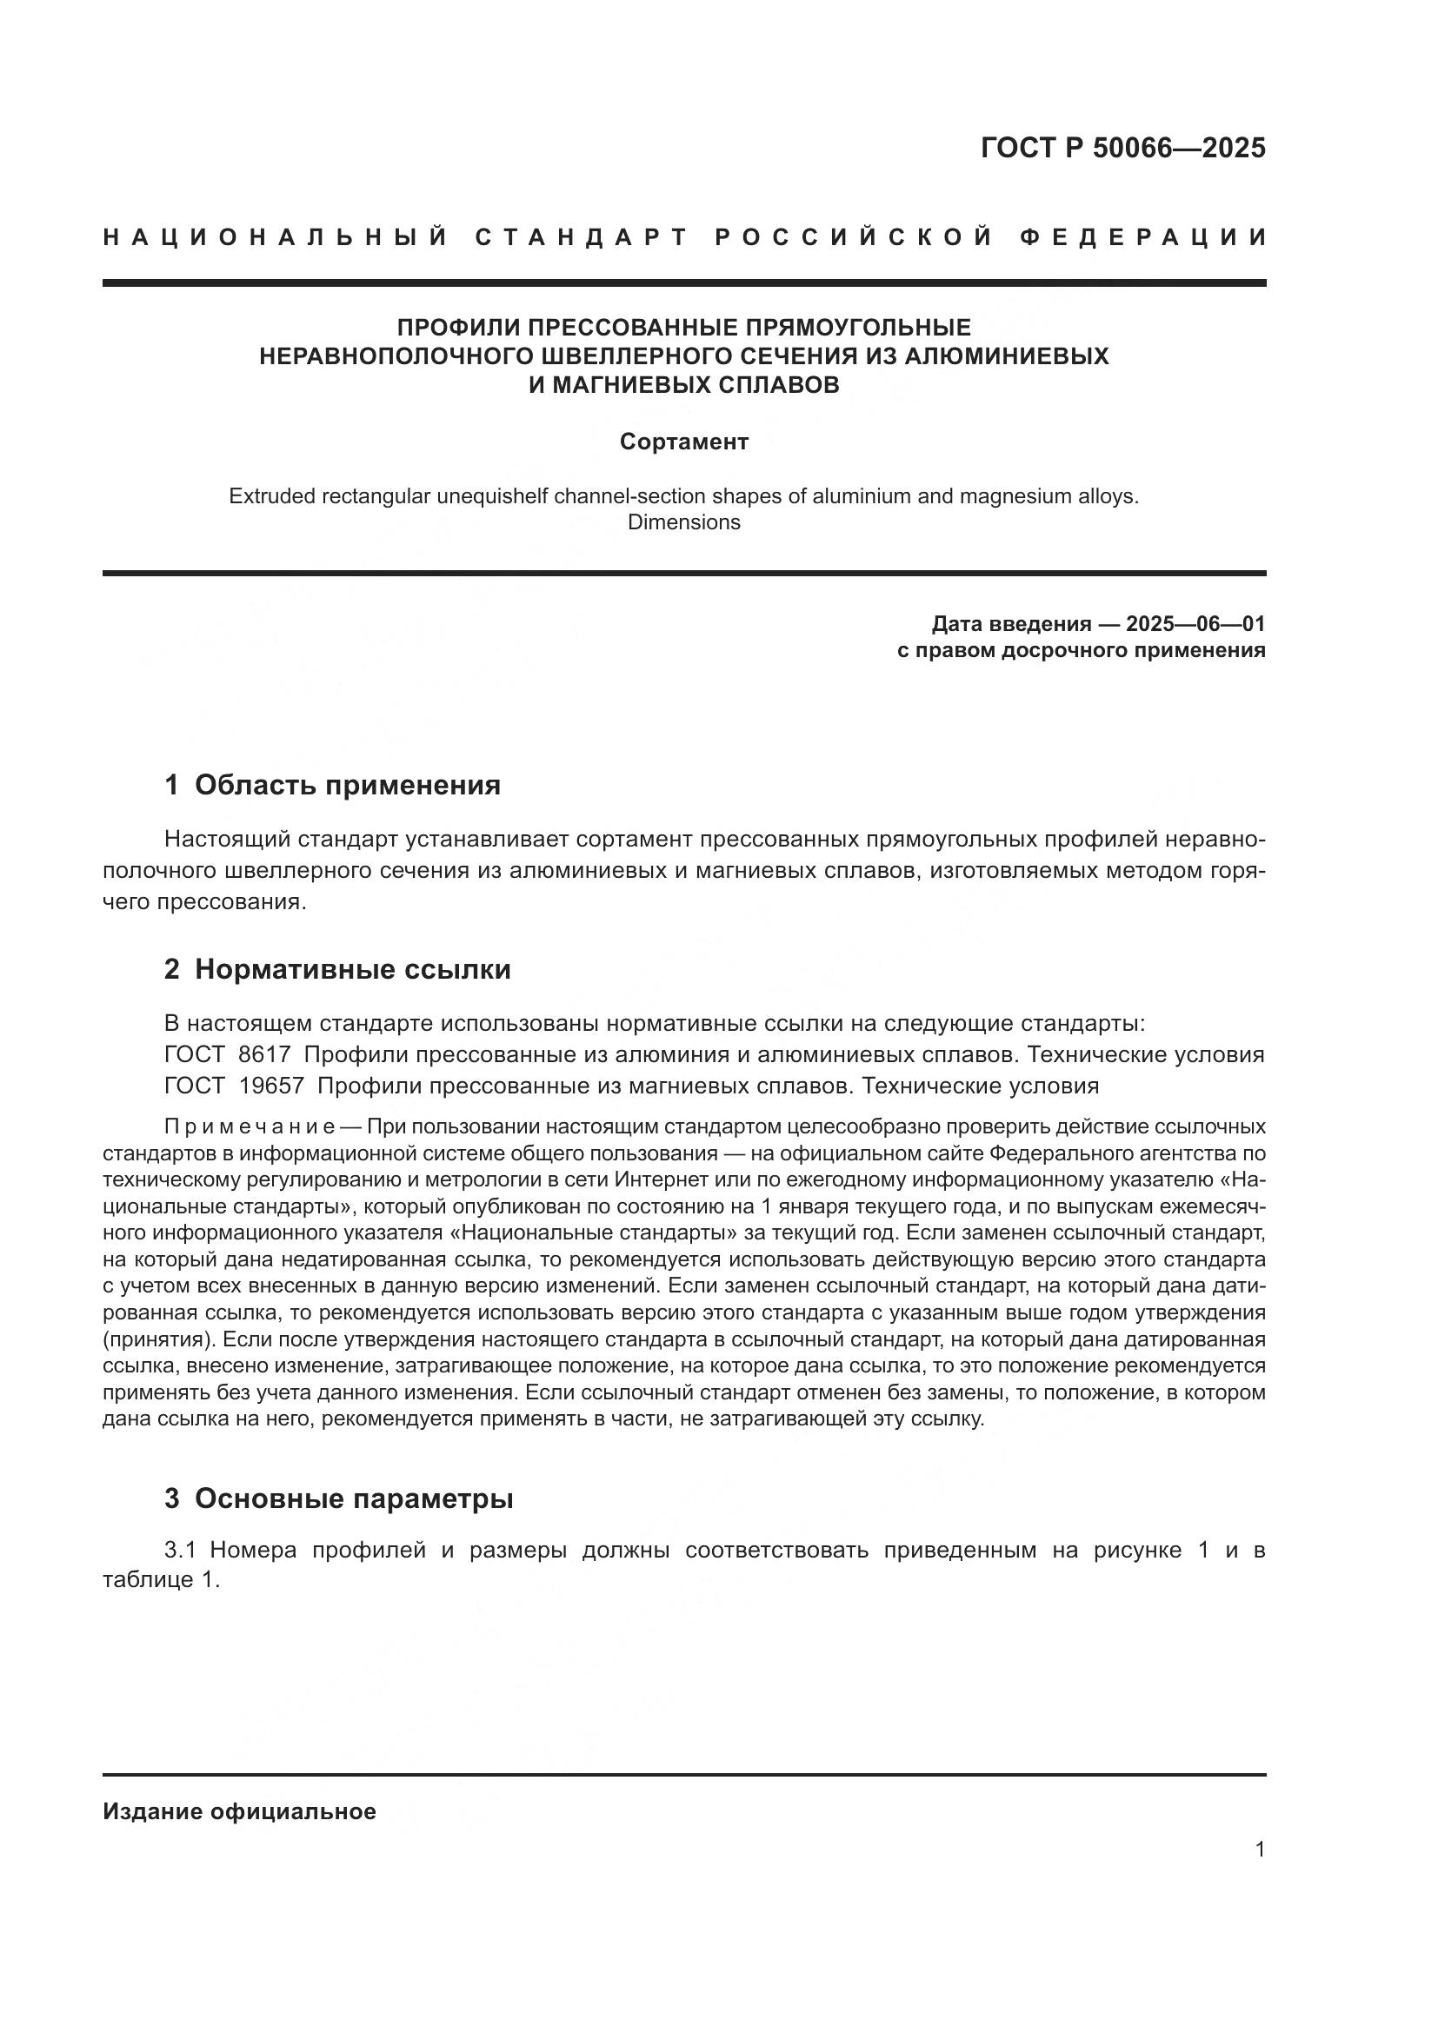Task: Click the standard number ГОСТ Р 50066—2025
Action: point(1122,148)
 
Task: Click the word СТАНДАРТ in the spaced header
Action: point(581,237)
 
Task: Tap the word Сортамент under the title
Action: point(683,442)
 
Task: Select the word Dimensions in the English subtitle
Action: point(683,522)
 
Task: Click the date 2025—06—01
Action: point(1195,624)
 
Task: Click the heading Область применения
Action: point(347,786)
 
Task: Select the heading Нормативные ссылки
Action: point(352,970)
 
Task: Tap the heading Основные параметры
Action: point(354,1499)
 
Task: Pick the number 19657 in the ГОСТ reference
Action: point(272,1086)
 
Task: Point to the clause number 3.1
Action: point(185,1551)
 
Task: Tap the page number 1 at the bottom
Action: point(1260,1850)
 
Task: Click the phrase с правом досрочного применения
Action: point(1081,651)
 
